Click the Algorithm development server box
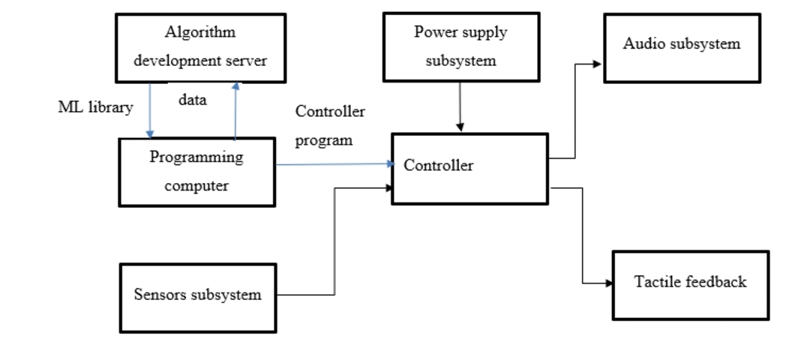[x=200, y=47]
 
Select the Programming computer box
[x=196, y=172]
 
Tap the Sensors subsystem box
[x=198, y=298]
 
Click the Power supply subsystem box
[x=460, y=46]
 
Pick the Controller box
[x=469, y=168]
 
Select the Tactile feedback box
[x=690, y=285]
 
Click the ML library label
[x=95, y=107]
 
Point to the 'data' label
[x=192, y=100]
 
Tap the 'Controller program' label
[x=330, y=126]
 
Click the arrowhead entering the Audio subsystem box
[x=597, y=64]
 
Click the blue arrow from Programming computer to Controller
[x=334, y=164]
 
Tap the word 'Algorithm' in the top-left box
[x=199, y=32]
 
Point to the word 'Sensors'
[x=159, y=294]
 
